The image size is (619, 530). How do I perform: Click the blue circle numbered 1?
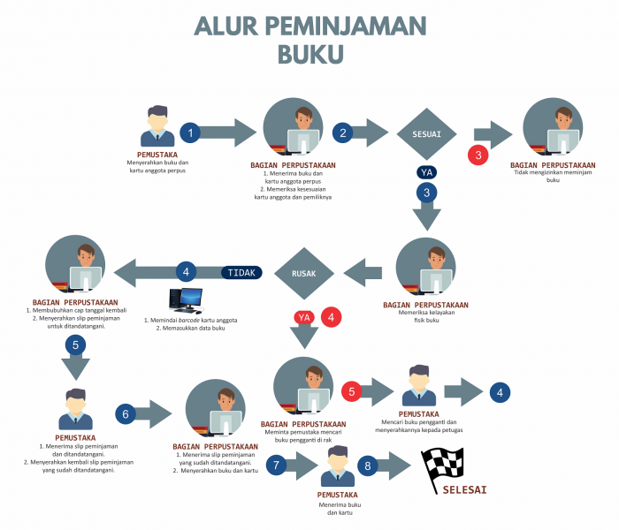click(190, 133)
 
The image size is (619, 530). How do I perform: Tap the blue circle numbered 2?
click(342, 133)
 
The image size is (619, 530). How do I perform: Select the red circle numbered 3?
click(478, 155)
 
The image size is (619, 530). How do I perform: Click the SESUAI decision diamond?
click(427, 134)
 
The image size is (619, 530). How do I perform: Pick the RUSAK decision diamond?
click(304, 273)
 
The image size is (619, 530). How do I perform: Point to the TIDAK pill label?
click(241, 272)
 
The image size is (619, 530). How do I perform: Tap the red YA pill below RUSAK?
click(304, 316)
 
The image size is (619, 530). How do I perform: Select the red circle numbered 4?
click(332, 315)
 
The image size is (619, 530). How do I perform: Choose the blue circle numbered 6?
click(126, 413)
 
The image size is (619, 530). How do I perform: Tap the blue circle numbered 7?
click(277, 465)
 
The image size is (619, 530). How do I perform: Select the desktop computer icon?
click(187, 301)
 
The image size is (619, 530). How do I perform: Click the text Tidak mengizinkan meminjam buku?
click(553, 177)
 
